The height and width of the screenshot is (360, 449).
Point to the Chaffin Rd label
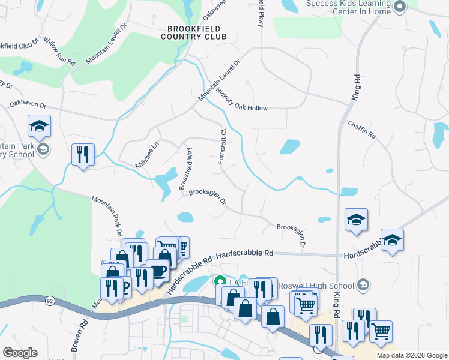361,130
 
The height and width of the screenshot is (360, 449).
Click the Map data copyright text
412,355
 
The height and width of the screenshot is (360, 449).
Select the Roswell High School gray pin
362,284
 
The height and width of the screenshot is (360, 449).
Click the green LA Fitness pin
220,281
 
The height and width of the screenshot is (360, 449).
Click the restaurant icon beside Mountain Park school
83,154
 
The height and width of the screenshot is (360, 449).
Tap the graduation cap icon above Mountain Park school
39,126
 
